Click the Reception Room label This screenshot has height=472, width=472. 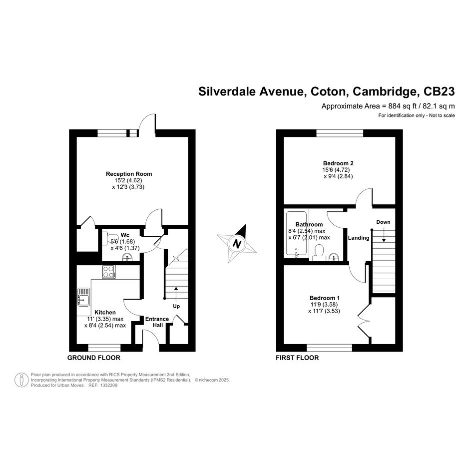(129, 174)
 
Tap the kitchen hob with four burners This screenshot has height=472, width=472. (109, 272)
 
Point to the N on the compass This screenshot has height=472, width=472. (237, 244)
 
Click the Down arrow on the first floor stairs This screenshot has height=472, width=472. (384, 234)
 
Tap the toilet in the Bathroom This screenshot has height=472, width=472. (319, 253)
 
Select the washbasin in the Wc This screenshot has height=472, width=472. (128, 257)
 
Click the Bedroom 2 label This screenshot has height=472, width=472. (338, 163)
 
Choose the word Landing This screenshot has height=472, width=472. (359, 238)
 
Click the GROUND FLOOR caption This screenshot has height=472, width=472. (93, 358)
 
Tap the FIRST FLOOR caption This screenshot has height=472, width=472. (297, 358)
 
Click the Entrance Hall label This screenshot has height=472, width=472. (157, 322)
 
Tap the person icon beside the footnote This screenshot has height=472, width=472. (21, 380)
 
